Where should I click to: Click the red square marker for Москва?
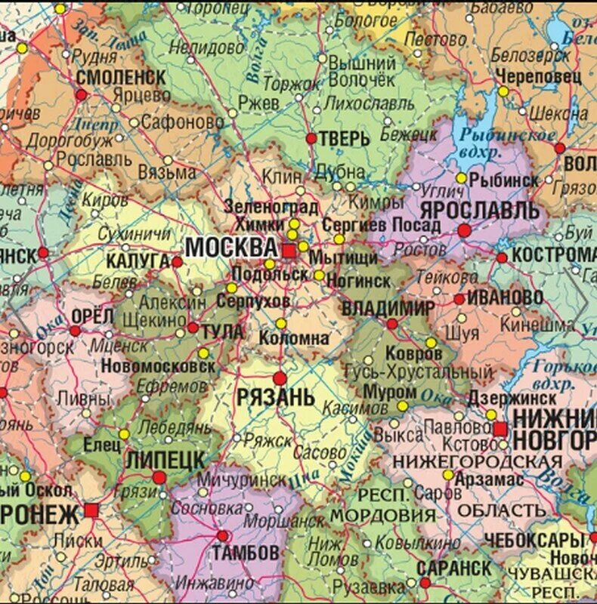289,251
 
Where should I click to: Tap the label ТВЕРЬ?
345,139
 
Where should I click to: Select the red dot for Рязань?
280,378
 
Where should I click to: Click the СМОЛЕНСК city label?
121,77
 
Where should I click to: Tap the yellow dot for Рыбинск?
461,178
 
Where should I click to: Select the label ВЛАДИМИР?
388,308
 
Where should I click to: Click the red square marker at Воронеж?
91,510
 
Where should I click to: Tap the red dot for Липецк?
159,477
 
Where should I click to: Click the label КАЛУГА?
137,260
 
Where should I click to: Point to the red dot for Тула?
193,328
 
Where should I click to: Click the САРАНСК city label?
453,566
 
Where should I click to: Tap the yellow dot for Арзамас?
448,475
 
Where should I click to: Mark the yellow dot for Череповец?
503,91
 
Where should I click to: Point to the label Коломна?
294,338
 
